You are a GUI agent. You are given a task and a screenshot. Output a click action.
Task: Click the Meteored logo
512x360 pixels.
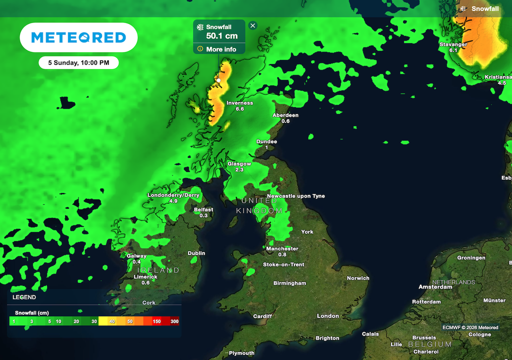click(78, 37)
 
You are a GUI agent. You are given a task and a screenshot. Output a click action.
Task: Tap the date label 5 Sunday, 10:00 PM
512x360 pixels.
click(78, 62)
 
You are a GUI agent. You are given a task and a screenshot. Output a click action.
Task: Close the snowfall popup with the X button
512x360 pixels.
click(252, 25)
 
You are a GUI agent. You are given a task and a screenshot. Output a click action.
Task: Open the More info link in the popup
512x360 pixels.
click(220, 49)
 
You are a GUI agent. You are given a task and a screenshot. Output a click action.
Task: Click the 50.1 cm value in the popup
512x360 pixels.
click(221, 36)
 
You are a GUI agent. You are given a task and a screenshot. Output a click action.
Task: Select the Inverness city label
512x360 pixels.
click(239, 103)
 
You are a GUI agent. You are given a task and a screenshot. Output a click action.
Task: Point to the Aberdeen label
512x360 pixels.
click(285, 115)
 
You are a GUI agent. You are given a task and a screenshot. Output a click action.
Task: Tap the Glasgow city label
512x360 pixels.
click(239, 163)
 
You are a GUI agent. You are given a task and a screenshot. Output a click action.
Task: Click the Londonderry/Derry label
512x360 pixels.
click(173, 195)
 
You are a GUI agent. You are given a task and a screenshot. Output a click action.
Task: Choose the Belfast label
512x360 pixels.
click(203, 209)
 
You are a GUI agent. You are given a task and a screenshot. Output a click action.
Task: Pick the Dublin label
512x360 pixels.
click(196, 253)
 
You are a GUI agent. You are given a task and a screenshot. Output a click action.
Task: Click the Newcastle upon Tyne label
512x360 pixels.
click(296, 196)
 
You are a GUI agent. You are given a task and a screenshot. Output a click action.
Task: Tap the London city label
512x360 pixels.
click(328, 316)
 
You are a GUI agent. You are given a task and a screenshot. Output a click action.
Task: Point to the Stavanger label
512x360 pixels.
click(453, 44)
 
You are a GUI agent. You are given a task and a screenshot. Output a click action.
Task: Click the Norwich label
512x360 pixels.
click(358, 278)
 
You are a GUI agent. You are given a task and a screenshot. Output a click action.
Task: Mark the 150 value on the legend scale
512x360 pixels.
click(156, 321)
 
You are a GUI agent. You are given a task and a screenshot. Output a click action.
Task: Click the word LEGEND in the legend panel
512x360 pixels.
click(24, 297)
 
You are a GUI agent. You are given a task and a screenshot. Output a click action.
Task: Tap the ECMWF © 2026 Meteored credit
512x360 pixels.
click(470, 327)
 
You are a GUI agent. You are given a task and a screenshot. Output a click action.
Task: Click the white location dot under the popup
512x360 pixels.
click(218, 80)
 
